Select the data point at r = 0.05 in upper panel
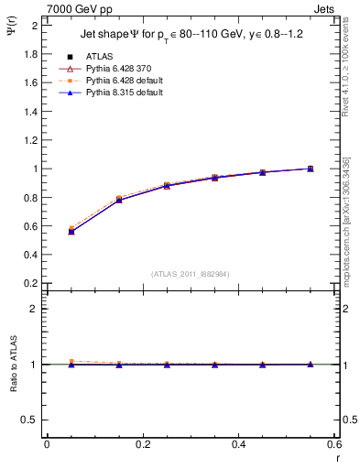(71, 231)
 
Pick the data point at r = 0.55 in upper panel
(310, 169)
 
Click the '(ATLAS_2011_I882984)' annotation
(190, 273)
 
